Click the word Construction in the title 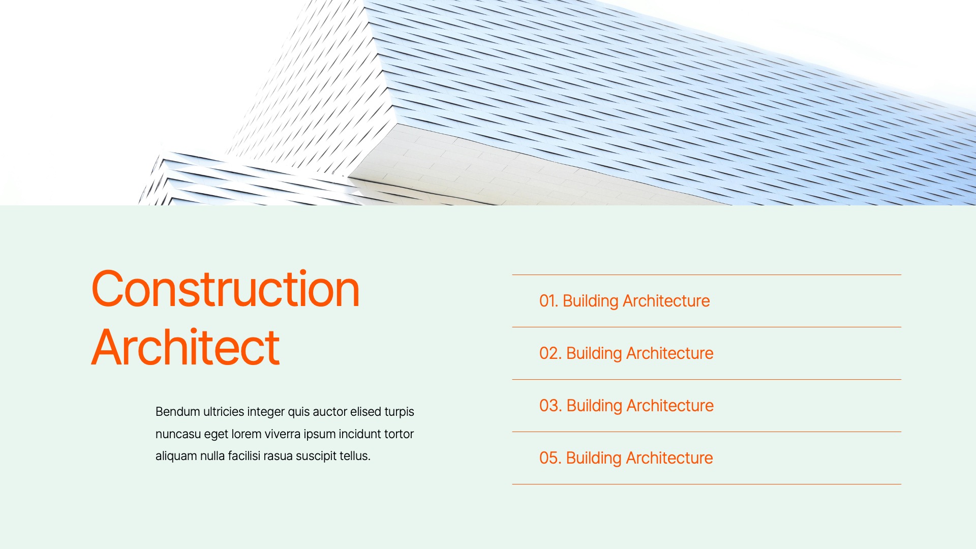[x=225, y=289]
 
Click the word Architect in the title [x=186, y=348]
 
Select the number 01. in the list [x=548, y=301]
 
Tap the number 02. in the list [x=550, y=353]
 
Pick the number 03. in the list [x=550, y=406]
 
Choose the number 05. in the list [x=550, y=458]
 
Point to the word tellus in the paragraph [x=354, y=456]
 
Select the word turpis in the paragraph [x=399, y=412]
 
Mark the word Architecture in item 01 [x=666, y=301]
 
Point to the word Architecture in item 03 [x=670, y=406]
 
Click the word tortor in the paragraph [x=399, y=434]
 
